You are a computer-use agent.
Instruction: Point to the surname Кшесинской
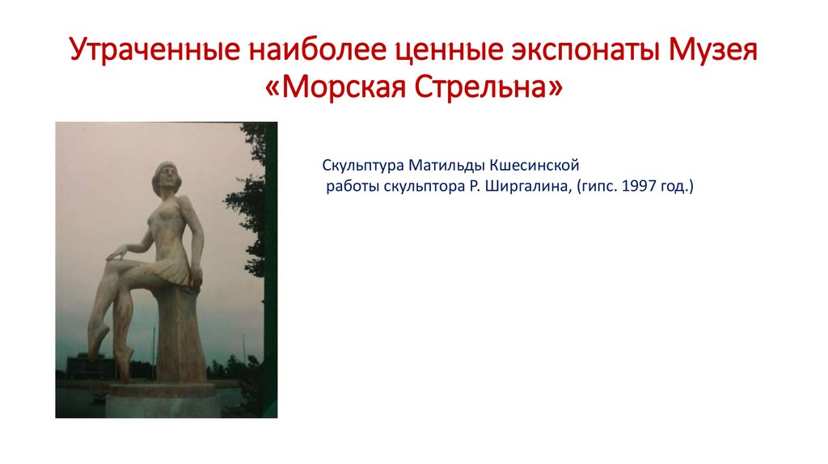[x=534, y=167]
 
